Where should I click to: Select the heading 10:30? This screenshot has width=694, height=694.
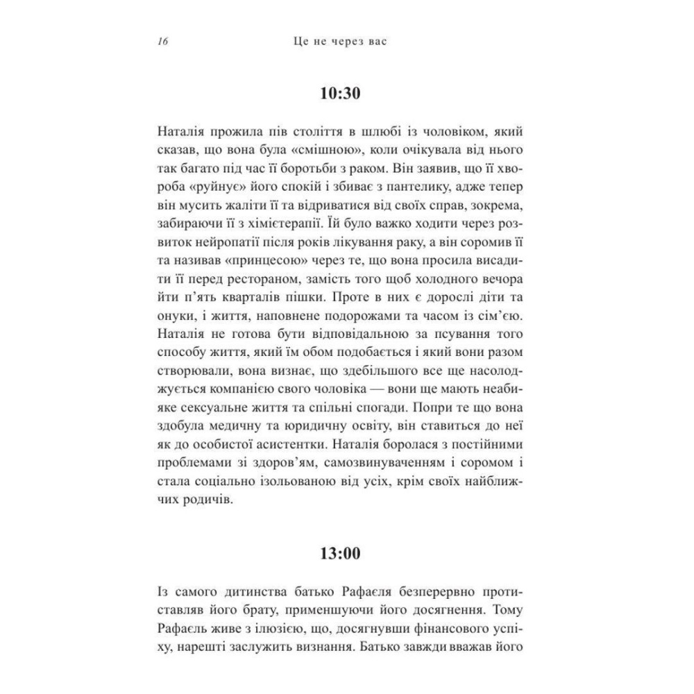pyautogui.click(x=342, y=93)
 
